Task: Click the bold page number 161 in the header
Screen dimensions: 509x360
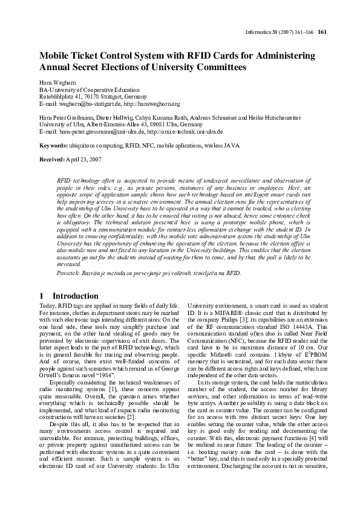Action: (x=322, y=33)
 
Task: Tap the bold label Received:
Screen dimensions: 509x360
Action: (x=53, y=159)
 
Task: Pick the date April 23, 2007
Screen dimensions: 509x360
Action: (x=88, y=159)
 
